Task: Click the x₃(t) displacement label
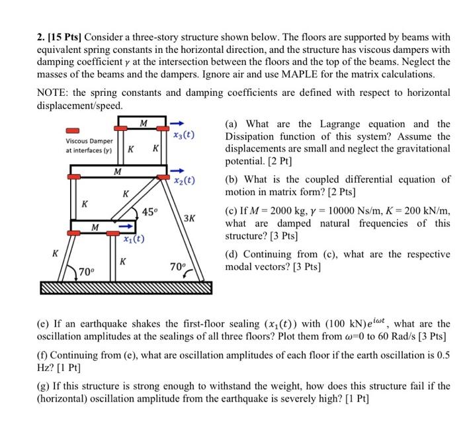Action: (x=183, y=135)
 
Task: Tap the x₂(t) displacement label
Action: (x=183, y=180)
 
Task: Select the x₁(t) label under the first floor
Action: (x=134, y=239)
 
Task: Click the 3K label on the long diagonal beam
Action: (x=189, y=218)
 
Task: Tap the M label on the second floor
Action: (x=117, y=171)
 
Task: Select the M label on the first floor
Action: (x=95, y=227)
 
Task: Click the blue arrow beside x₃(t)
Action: (x=178, y=123)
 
